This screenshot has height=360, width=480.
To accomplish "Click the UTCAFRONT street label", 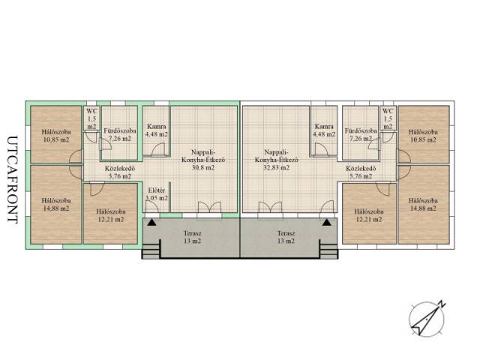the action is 13,180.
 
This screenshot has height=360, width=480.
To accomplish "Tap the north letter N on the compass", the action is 442,304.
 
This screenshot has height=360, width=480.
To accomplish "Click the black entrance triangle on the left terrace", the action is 151,222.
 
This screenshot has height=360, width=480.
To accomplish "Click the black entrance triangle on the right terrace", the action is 327,222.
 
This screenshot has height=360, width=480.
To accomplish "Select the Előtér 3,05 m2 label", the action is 157,194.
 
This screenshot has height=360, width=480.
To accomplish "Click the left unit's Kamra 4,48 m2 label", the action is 157,130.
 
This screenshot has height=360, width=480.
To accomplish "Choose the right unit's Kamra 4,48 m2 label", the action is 324,130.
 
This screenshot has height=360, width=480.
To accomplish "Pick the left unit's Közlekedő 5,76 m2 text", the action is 120,172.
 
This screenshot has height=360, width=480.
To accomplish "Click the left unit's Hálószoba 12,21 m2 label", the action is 110,215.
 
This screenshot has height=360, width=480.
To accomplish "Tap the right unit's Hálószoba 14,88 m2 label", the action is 423,205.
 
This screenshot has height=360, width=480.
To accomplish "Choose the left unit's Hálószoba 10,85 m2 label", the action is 55,136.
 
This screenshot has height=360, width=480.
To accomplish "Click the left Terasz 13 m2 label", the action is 193,237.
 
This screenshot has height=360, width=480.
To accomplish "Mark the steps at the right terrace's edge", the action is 329,249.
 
